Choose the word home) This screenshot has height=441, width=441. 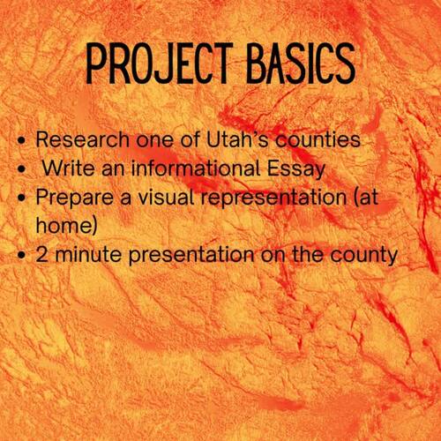point(62,226)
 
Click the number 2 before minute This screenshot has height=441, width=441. point(42,255)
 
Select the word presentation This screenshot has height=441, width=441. point(187,256)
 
